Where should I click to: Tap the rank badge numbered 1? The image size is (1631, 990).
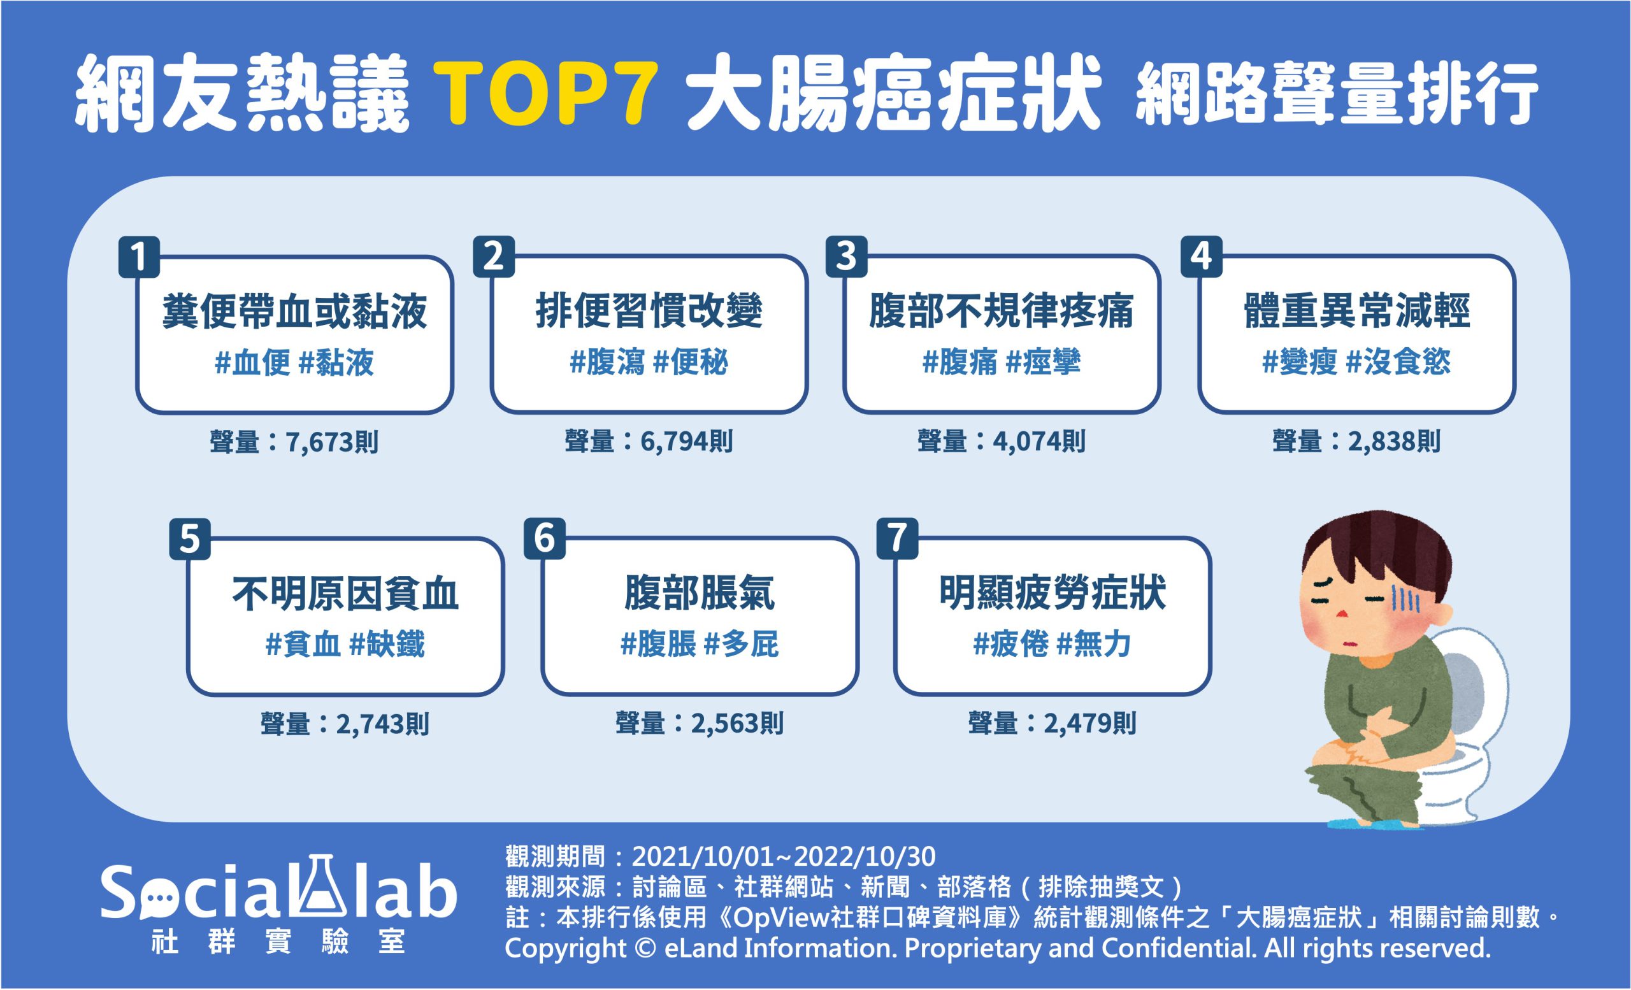coord(139,257)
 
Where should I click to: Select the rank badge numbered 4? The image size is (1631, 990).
coord(1202,257)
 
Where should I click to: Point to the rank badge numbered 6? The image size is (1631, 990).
coord(544,539)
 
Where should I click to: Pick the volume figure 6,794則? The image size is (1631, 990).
coord(686,442)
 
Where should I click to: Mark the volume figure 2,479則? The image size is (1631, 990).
coord(1090,724)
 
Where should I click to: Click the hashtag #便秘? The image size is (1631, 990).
coord(691,362)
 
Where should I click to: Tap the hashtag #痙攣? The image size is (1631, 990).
coord(1043,362)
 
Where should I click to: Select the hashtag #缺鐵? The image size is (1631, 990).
coord(387,645)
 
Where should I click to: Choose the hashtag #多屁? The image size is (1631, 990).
coord(742,645)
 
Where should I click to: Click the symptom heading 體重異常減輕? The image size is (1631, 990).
coord(1357,312)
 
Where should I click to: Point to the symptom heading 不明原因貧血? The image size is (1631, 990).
coord(345,594)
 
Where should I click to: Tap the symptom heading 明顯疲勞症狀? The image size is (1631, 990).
coord(1053,594)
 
